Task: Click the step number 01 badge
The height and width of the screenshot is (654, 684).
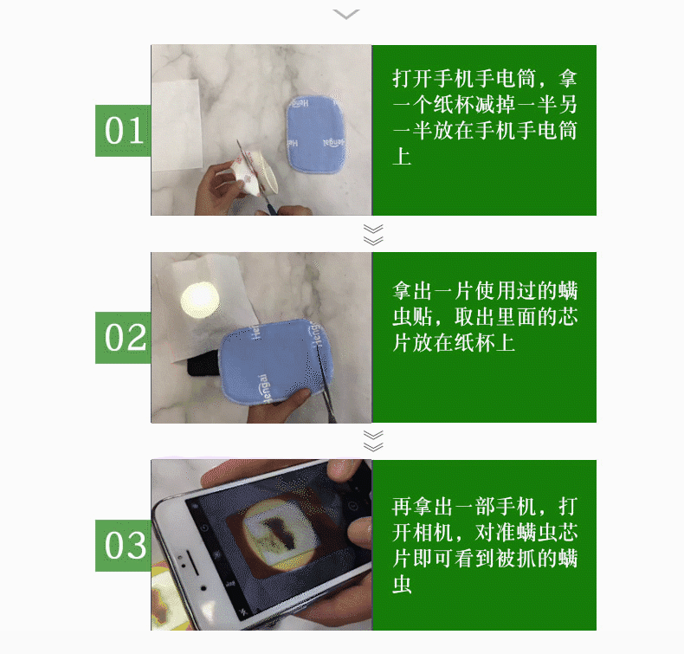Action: [x=123, y=131]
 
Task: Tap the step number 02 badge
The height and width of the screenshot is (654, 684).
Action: [x=123, y=338]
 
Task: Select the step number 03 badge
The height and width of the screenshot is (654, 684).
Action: [x=123, y=546]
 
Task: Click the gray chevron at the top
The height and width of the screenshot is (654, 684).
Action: [x=346, y=15]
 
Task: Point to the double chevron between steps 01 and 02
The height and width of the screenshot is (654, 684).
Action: [x=373, y=235]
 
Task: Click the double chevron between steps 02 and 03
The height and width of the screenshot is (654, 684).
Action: [x=373, y=441]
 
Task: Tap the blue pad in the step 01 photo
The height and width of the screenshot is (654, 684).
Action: [x=316, y=134]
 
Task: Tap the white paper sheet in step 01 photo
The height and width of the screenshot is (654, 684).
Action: [x=177, y=126]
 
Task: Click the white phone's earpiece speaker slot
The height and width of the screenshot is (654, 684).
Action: [x=194, y=563]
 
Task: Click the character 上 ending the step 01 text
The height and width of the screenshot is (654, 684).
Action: [x=402, y=157]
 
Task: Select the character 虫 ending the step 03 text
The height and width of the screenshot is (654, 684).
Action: [x=402, y=585]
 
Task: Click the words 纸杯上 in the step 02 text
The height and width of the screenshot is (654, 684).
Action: [x=485, y=342]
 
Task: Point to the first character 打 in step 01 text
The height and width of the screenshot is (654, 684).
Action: [x=402, y=79]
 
